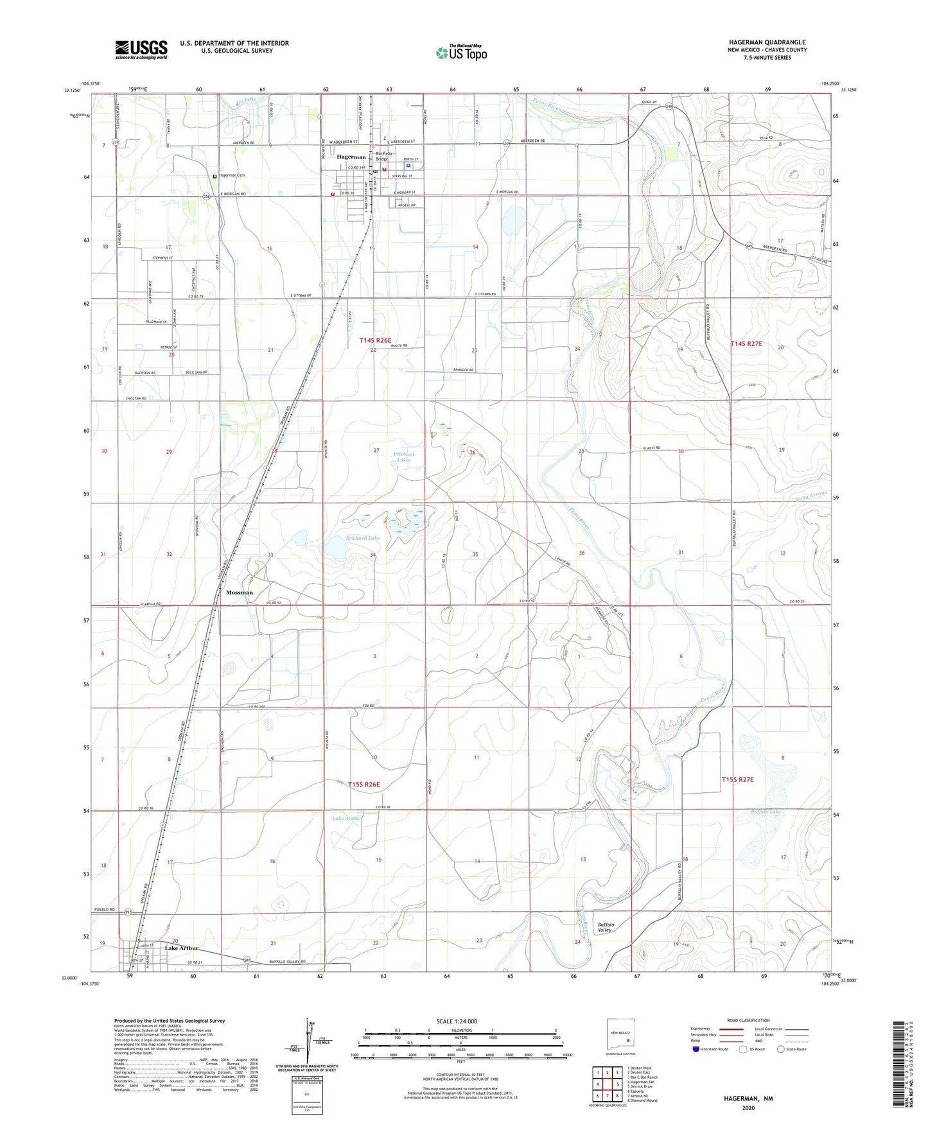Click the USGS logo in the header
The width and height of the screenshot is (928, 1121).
[141, 49]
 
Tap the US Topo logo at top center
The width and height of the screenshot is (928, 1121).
[460, 53]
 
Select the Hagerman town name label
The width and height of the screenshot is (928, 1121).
[351, 157]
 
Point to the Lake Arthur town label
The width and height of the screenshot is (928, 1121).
[182, 948]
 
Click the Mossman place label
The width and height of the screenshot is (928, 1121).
[240, 593]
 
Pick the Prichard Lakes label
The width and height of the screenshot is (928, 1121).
[404, 457]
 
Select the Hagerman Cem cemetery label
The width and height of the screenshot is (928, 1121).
[232, 175]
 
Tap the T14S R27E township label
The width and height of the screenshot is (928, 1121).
[746, 344]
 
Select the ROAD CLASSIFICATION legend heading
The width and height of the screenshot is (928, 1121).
[748, 1020]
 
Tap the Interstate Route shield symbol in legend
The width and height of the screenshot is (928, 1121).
[696, 1049]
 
